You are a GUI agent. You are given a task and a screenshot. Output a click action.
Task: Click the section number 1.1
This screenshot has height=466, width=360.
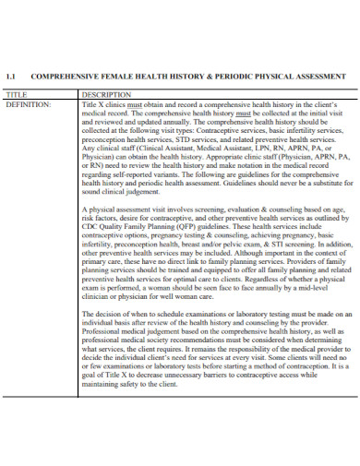coord(12,76)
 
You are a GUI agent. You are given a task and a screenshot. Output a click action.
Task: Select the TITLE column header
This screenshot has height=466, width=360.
coord(18,94)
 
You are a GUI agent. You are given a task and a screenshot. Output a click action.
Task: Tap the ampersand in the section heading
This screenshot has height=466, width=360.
coord(192,76)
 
